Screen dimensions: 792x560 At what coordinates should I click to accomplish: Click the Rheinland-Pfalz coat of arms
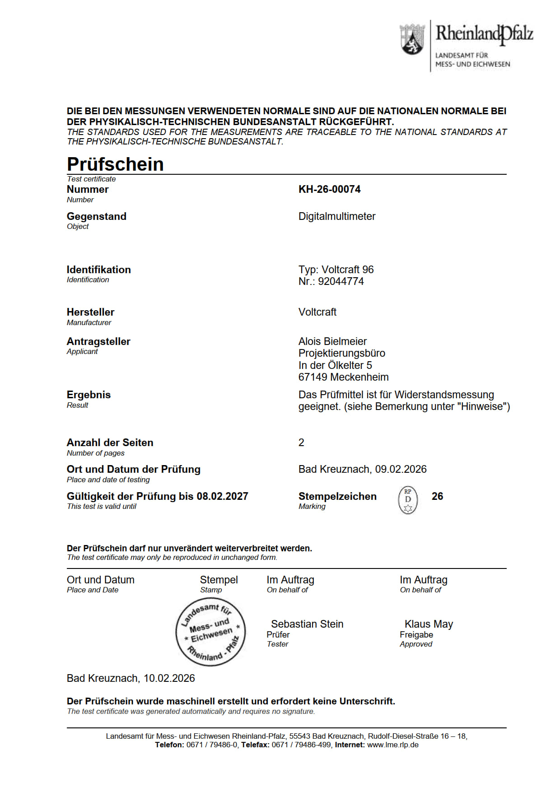(x=412, y=40)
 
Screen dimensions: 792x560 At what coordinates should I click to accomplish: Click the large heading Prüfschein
(x=115, y=164)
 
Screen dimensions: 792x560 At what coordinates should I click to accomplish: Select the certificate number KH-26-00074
(x=329, y=189)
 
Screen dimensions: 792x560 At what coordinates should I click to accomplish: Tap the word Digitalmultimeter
(x=336, y=216)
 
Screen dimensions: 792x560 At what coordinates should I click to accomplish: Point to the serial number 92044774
(x=341, y=281)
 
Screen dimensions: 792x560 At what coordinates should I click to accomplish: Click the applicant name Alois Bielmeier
(x=332, y=341)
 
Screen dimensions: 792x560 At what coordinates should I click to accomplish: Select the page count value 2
(x=301, y=443)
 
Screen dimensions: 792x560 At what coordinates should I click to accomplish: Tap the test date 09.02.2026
(x=401, y=469)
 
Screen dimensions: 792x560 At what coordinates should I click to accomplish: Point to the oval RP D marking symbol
(x=408, y=500)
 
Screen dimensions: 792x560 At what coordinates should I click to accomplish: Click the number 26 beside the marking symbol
(x=437, y=496)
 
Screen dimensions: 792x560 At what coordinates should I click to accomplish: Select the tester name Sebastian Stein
(x=307, y=624)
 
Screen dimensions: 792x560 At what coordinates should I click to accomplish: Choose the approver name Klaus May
(x=429, y=624)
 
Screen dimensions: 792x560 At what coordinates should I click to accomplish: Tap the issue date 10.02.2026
(x=169, y=678)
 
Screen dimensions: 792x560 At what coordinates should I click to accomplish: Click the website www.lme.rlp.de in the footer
(x=392, y=745)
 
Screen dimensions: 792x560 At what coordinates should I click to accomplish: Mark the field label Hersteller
(x=90, y=312)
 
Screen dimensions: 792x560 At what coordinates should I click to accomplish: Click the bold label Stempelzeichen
(x=337, y=496)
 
